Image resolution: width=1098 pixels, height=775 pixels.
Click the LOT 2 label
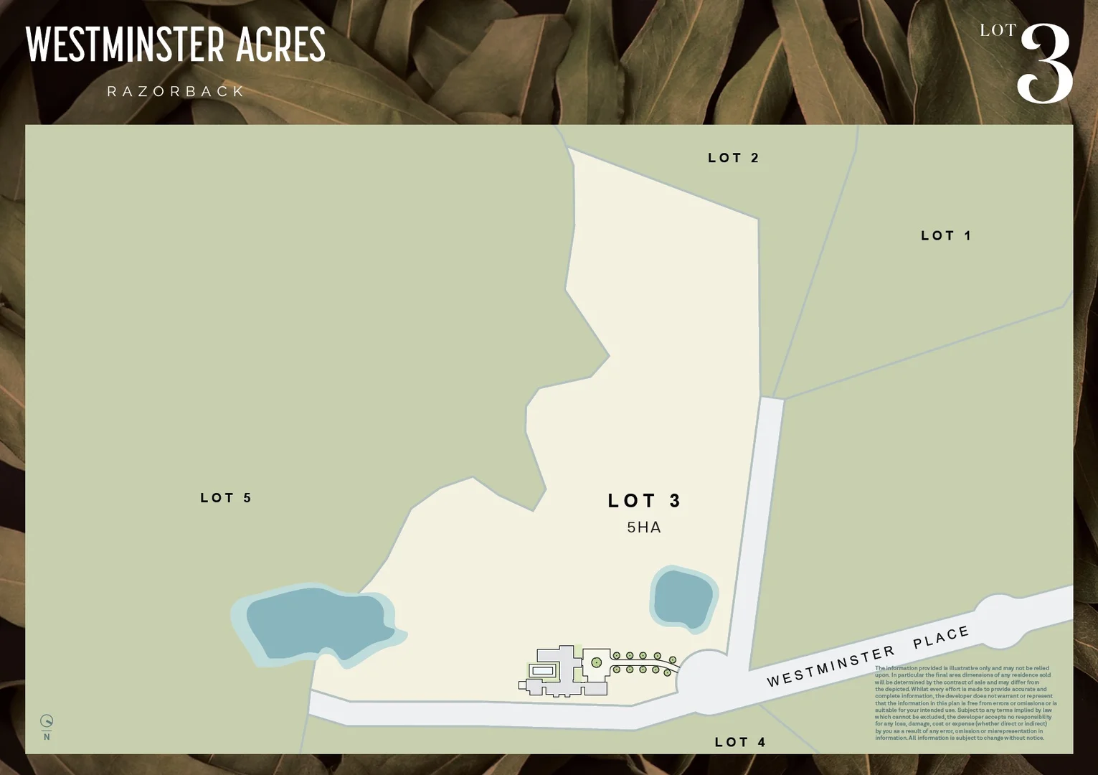click(x=733, y=158)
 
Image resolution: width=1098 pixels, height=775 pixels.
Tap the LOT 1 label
click(x=945, y=235)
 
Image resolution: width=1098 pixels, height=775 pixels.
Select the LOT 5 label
click(x=226, y=498)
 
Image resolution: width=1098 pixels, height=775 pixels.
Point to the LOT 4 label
click(x=740, y=742)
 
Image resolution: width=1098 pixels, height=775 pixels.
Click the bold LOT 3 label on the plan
click(x=644, y=500)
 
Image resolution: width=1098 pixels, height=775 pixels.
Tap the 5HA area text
click(x=644, y=527)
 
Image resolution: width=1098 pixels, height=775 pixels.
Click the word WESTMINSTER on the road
click(x=830, y=665)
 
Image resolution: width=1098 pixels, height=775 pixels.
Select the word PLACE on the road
click(x=941, y=637)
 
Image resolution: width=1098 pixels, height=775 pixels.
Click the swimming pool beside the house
click(x=543, y=670)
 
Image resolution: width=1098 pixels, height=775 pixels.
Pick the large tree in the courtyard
click(x=596, y=662)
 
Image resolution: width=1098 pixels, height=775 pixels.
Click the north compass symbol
click(x=47, y=722)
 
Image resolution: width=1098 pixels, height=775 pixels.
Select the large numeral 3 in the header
click(x=1044, y=65)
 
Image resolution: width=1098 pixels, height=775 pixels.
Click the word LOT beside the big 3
click(x=998, y=30)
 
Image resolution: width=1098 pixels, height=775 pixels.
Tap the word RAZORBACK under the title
click(x=176, y=92)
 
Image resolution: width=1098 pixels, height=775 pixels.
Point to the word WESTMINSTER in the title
click(x=126, y=44)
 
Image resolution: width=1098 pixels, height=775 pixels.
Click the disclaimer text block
click(x=965, y=703)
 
